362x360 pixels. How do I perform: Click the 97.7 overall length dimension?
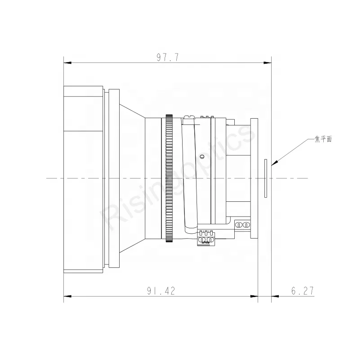pos(168,57)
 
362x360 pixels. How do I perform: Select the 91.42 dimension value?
pos(161,291)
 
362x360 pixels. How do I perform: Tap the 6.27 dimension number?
pos(303,291)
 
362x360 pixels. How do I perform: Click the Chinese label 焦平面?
pos(323,139)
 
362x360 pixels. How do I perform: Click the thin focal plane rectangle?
pos(266,178)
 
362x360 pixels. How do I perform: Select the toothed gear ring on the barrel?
pos(169,178)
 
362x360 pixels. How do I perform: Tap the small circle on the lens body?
pos(202,157)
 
